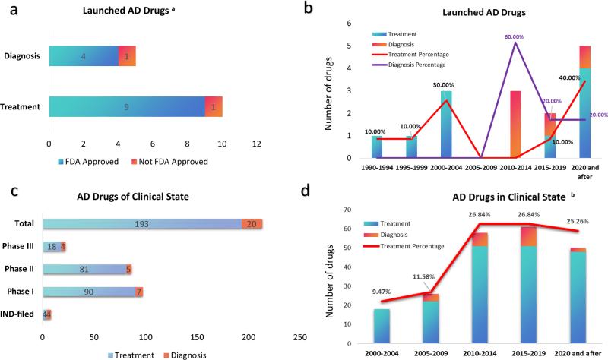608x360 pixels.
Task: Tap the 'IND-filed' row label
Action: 21,314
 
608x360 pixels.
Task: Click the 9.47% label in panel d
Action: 385,289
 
